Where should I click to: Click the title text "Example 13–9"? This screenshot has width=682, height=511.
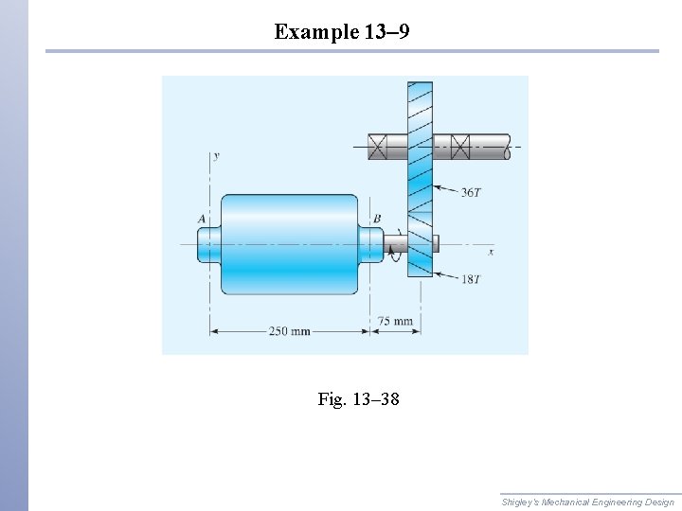coord(342,32)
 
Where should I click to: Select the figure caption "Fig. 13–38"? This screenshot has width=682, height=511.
coord(358,399)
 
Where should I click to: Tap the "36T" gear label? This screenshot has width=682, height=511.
coord(471,192)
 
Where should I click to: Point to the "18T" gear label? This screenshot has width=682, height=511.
coord(471,280)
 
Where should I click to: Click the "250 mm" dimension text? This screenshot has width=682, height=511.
coord(289,331)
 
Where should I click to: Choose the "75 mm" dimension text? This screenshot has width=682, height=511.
coord(395,321)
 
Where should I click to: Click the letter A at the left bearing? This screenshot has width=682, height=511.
coord(202,219)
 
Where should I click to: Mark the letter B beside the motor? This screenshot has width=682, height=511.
coord(377,219)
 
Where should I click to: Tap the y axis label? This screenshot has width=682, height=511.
coord(216,157)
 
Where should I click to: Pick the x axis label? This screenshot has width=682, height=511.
coord(491,252)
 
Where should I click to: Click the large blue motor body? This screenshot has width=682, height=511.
coord(289,244)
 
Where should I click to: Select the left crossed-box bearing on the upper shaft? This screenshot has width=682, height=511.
coord(377,147)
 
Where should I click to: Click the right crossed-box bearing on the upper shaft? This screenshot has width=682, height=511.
coord(460,147)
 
